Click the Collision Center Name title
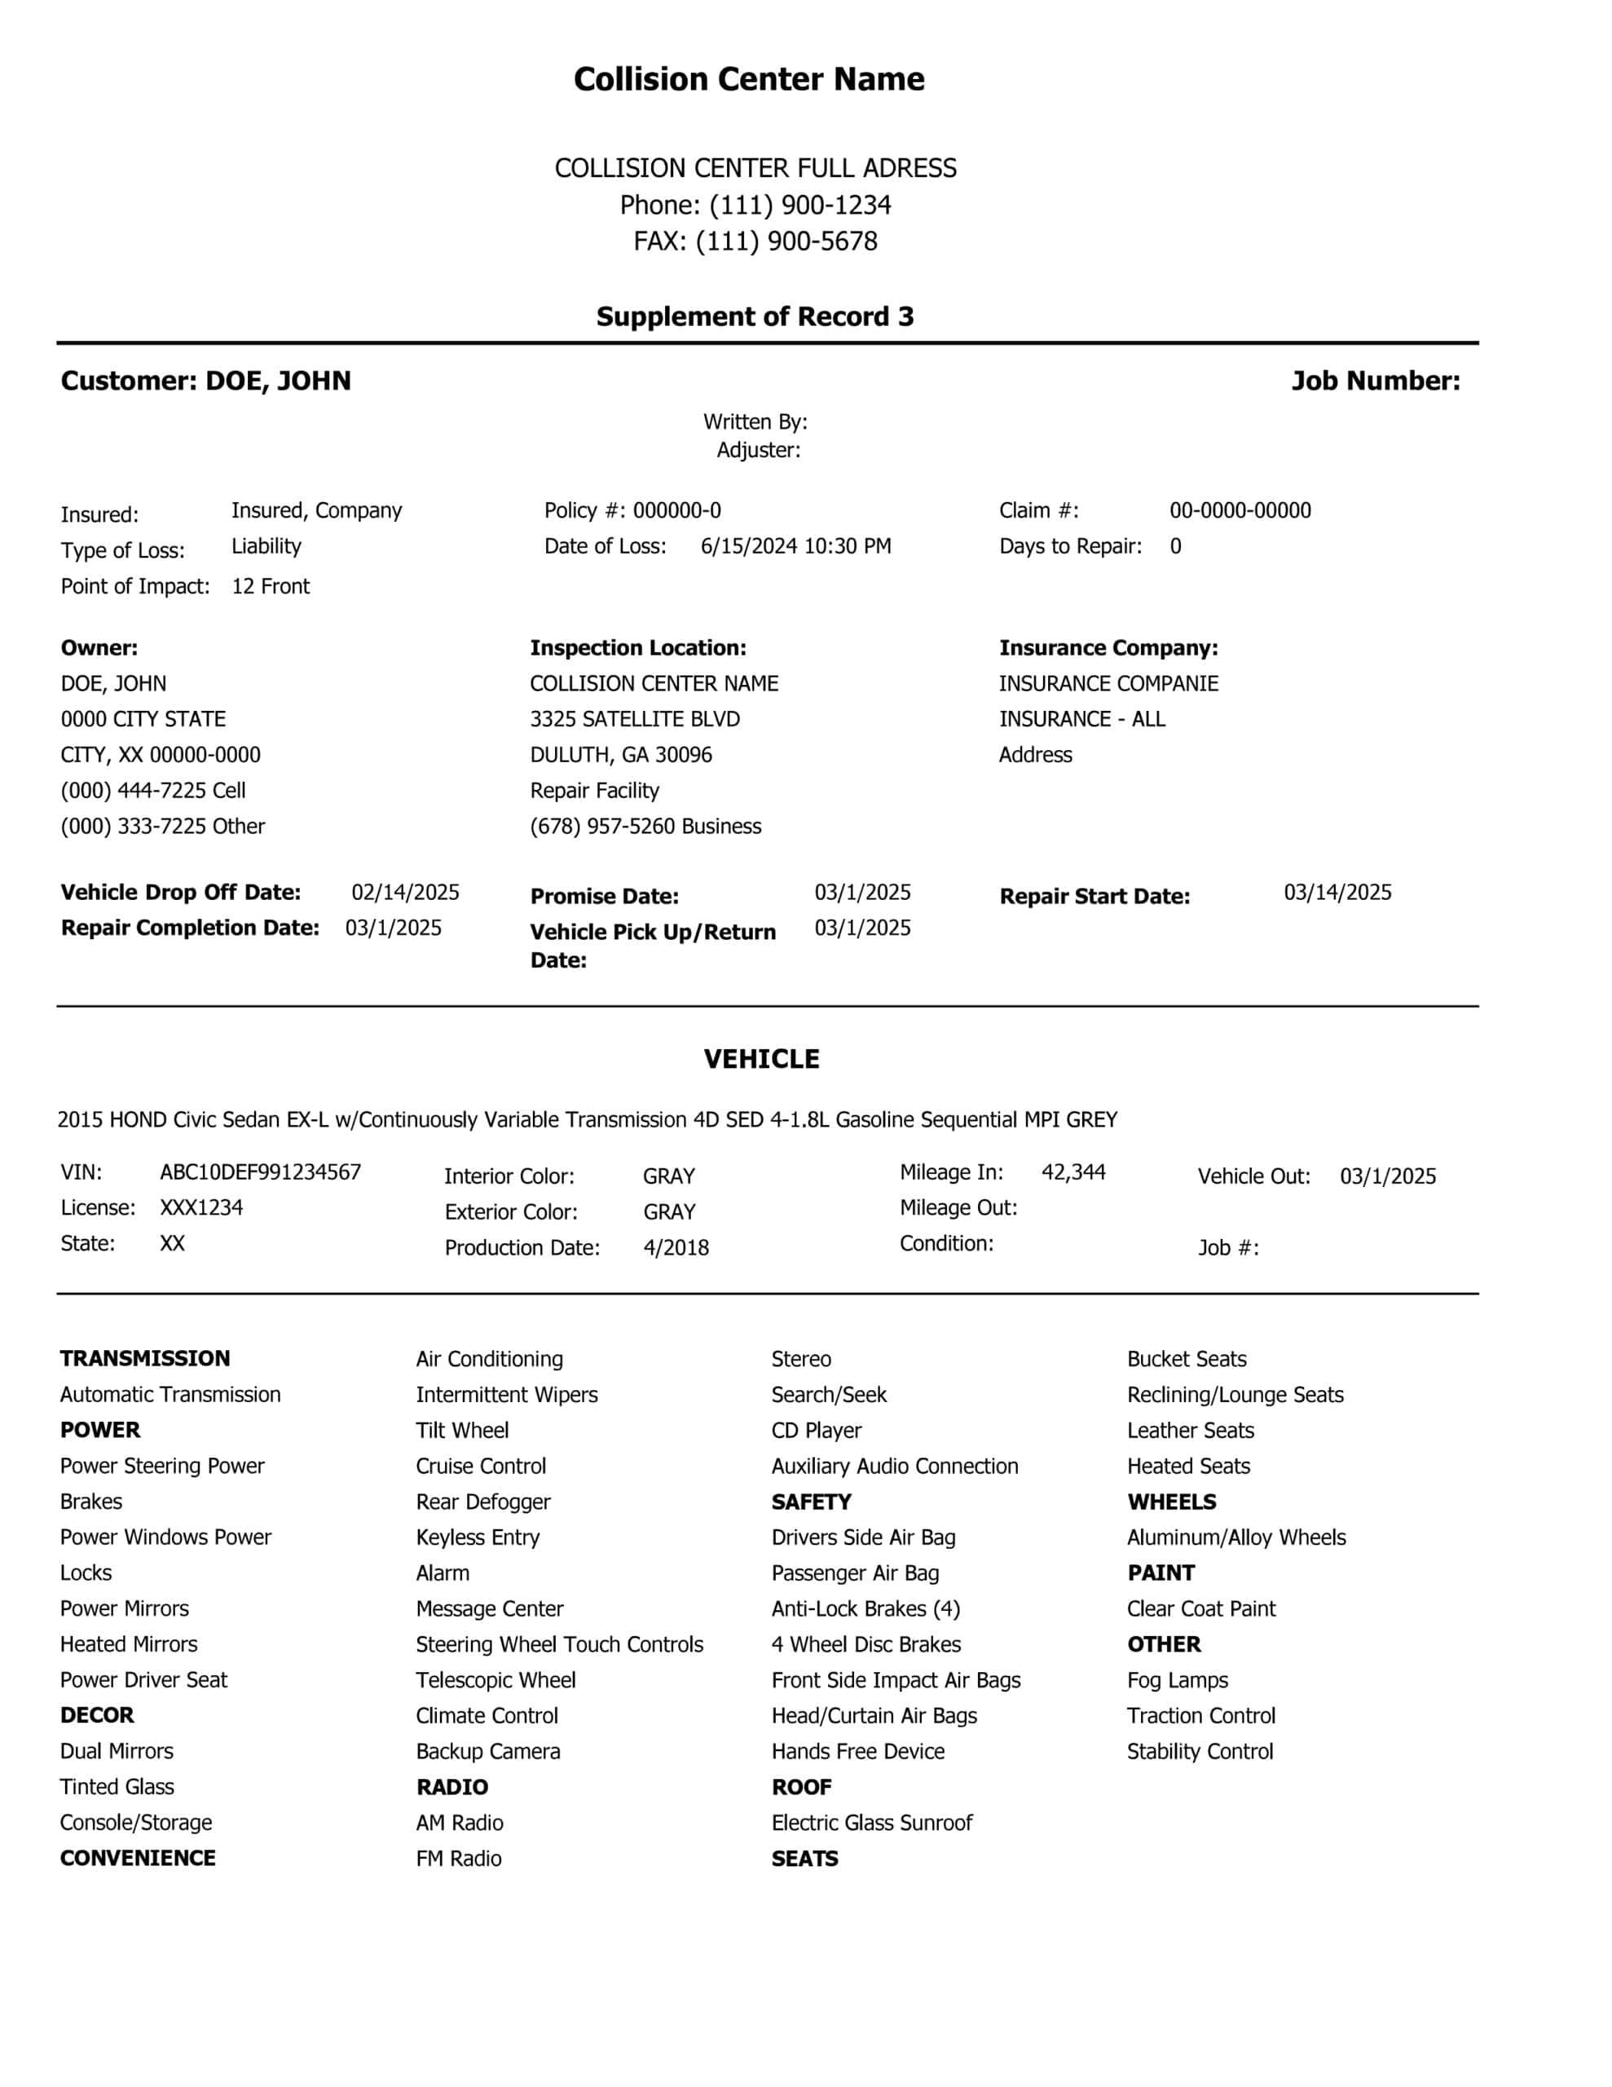click(x=748, y=78)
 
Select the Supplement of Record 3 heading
click(x=755, y=316)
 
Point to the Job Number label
click(x=1375, y=381)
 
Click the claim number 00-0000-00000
click(x=1240, y=510)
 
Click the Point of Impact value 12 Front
click(x=271, y=586)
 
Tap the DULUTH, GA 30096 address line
click(x=621, y=755)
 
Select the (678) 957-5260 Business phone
click(x=645, y=826)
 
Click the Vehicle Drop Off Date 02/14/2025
click(x=405, y=893)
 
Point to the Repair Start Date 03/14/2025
click(x=1337, y=893)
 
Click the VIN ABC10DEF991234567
click(x=260, y=1172)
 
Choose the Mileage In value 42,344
click(x=1073, y=1172)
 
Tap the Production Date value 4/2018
click(x=676, y=1247)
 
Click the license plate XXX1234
click(x=200, y=1208)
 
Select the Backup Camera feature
click(x=487, y=1752)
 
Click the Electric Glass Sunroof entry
click(x=871, y=1822)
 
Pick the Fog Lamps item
click(x=1178, y=1680)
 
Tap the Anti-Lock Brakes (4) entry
click(x=865, y=1608)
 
